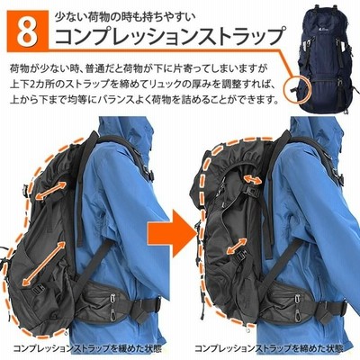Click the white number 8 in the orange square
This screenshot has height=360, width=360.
(x=29, y=30)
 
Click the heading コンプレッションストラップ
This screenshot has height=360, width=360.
(x=169, y=36)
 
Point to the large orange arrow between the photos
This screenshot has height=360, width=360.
(x=171, y=232)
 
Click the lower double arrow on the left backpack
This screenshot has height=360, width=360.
(x=44, y=263)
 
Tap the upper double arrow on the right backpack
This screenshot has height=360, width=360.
(x=253, y=179)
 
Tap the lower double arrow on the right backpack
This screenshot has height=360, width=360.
(x=237, y=246)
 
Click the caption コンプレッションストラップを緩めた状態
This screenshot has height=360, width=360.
(x=87, y=348)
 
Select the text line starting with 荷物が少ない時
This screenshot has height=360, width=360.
(x=138, y=67)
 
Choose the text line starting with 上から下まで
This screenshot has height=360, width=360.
(x=143, y=99)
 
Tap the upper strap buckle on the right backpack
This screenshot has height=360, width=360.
(x=251, y=190)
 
